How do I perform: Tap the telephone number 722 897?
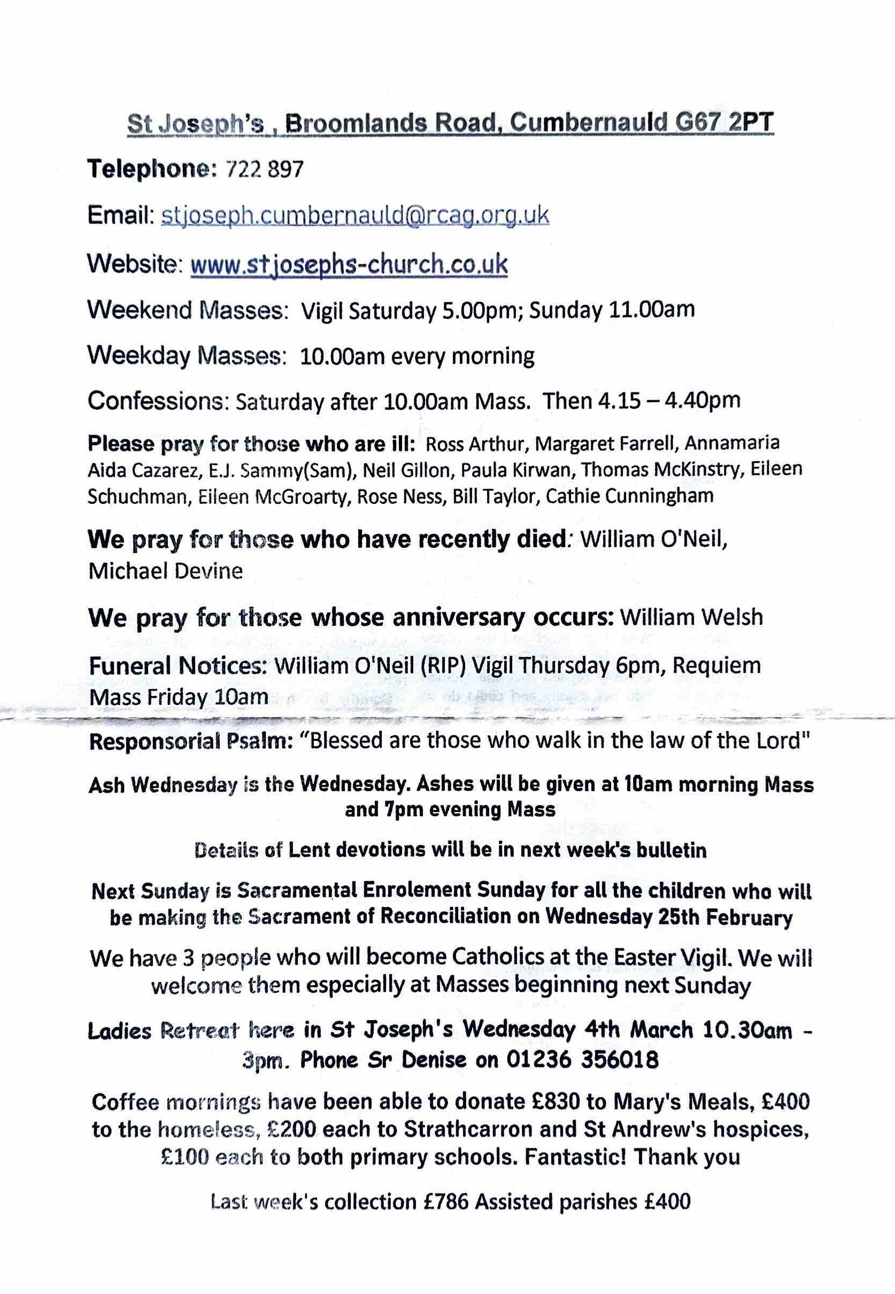(x=264, y=169)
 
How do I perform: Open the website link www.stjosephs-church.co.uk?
(x=349, y=264)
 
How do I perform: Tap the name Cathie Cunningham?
(x=630, y=496)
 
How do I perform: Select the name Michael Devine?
(x=165, y=571)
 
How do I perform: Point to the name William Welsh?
(x=691, y=617)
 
